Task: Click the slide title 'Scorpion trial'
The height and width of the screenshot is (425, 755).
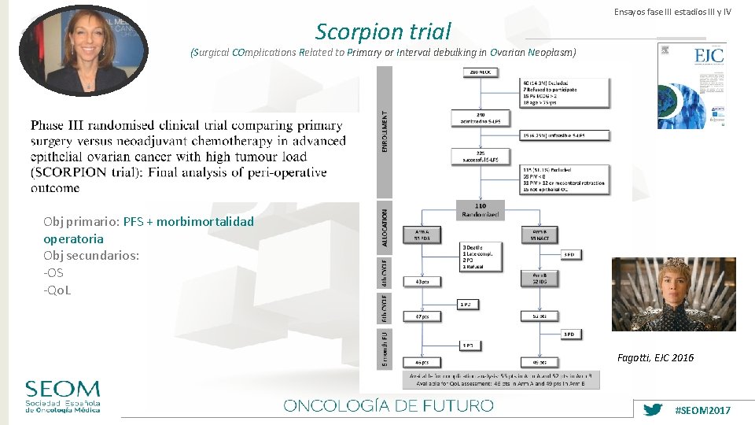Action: click(383, 31)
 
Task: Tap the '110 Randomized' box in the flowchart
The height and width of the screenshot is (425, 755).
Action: click(479, 209)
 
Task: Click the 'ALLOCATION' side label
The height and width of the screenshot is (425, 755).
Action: click(385, 228)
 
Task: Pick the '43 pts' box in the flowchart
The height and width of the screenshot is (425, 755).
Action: click(422, 281)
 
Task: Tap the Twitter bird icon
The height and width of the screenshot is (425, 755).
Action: click(653, 410)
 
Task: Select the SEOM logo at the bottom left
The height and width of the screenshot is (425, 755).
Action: click(62, 397)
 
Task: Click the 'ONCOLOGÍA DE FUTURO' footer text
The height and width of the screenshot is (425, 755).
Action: click(389, 405)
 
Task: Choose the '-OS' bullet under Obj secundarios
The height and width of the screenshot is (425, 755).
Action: click(53, 272)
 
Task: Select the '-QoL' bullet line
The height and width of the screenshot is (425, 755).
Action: click(57, 290)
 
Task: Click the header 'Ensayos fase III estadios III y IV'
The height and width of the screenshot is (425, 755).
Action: click(672, 12)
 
